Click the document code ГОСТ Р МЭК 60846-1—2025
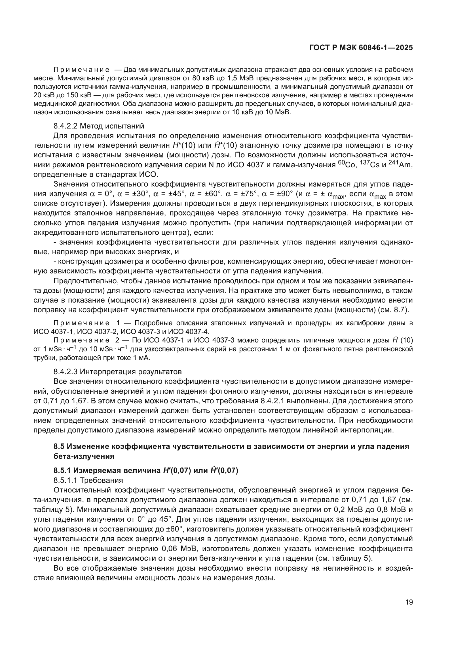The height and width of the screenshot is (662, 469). click(361, 48)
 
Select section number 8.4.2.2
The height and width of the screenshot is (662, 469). click(65, 126)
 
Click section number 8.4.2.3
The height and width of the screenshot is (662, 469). click(65, 371)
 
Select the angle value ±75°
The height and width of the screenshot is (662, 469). click(249, 194)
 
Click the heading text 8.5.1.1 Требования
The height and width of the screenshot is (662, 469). click(88, 480)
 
